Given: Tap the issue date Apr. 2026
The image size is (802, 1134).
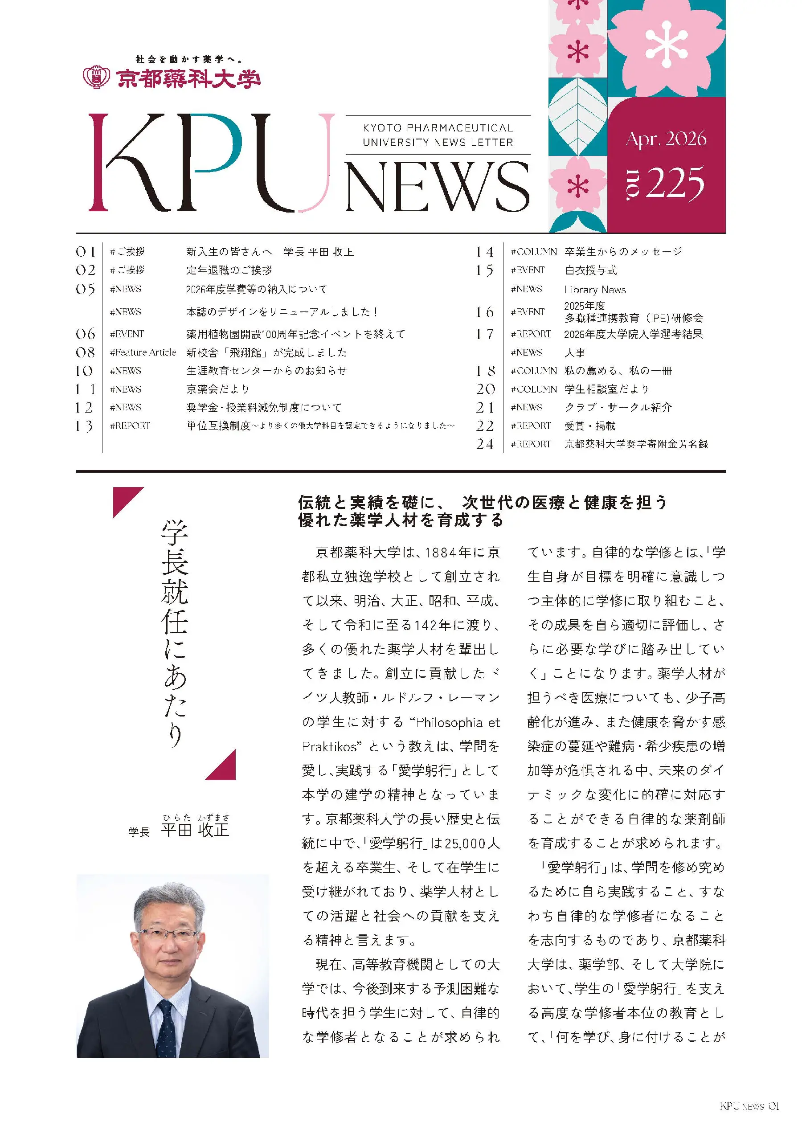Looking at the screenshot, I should pos(666,139).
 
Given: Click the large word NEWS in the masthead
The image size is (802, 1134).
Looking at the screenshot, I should pos(437,187).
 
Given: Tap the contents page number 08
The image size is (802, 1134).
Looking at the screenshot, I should pos(85,352).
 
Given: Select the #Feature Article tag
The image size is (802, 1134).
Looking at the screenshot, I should pos(143,352).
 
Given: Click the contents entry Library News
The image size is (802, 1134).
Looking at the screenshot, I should pos(595,290).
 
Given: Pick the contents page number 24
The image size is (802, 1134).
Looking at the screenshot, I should pos(484,444).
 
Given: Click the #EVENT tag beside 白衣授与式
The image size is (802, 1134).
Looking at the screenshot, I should pos(528,270).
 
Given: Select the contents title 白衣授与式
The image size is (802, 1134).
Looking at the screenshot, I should pos(591,270).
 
